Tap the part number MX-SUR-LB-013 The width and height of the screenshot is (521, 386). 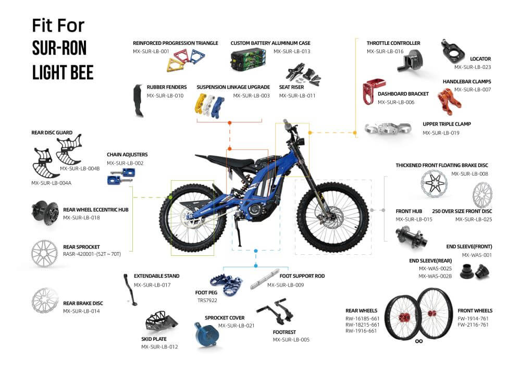click(x=292, y=51)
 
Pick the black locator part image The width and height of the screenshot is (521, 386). click(x=452, y=50)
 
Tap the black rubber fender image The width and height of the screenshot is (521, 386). click(x=138, y=101)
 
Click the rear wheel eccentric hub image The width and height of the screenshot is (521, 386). click(x=44, y=214)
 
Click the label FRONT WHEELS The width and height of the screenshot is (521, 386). click(x=475, y=310)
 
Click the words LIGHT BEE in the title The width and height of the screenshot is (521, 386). click(x=63, y=72)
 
